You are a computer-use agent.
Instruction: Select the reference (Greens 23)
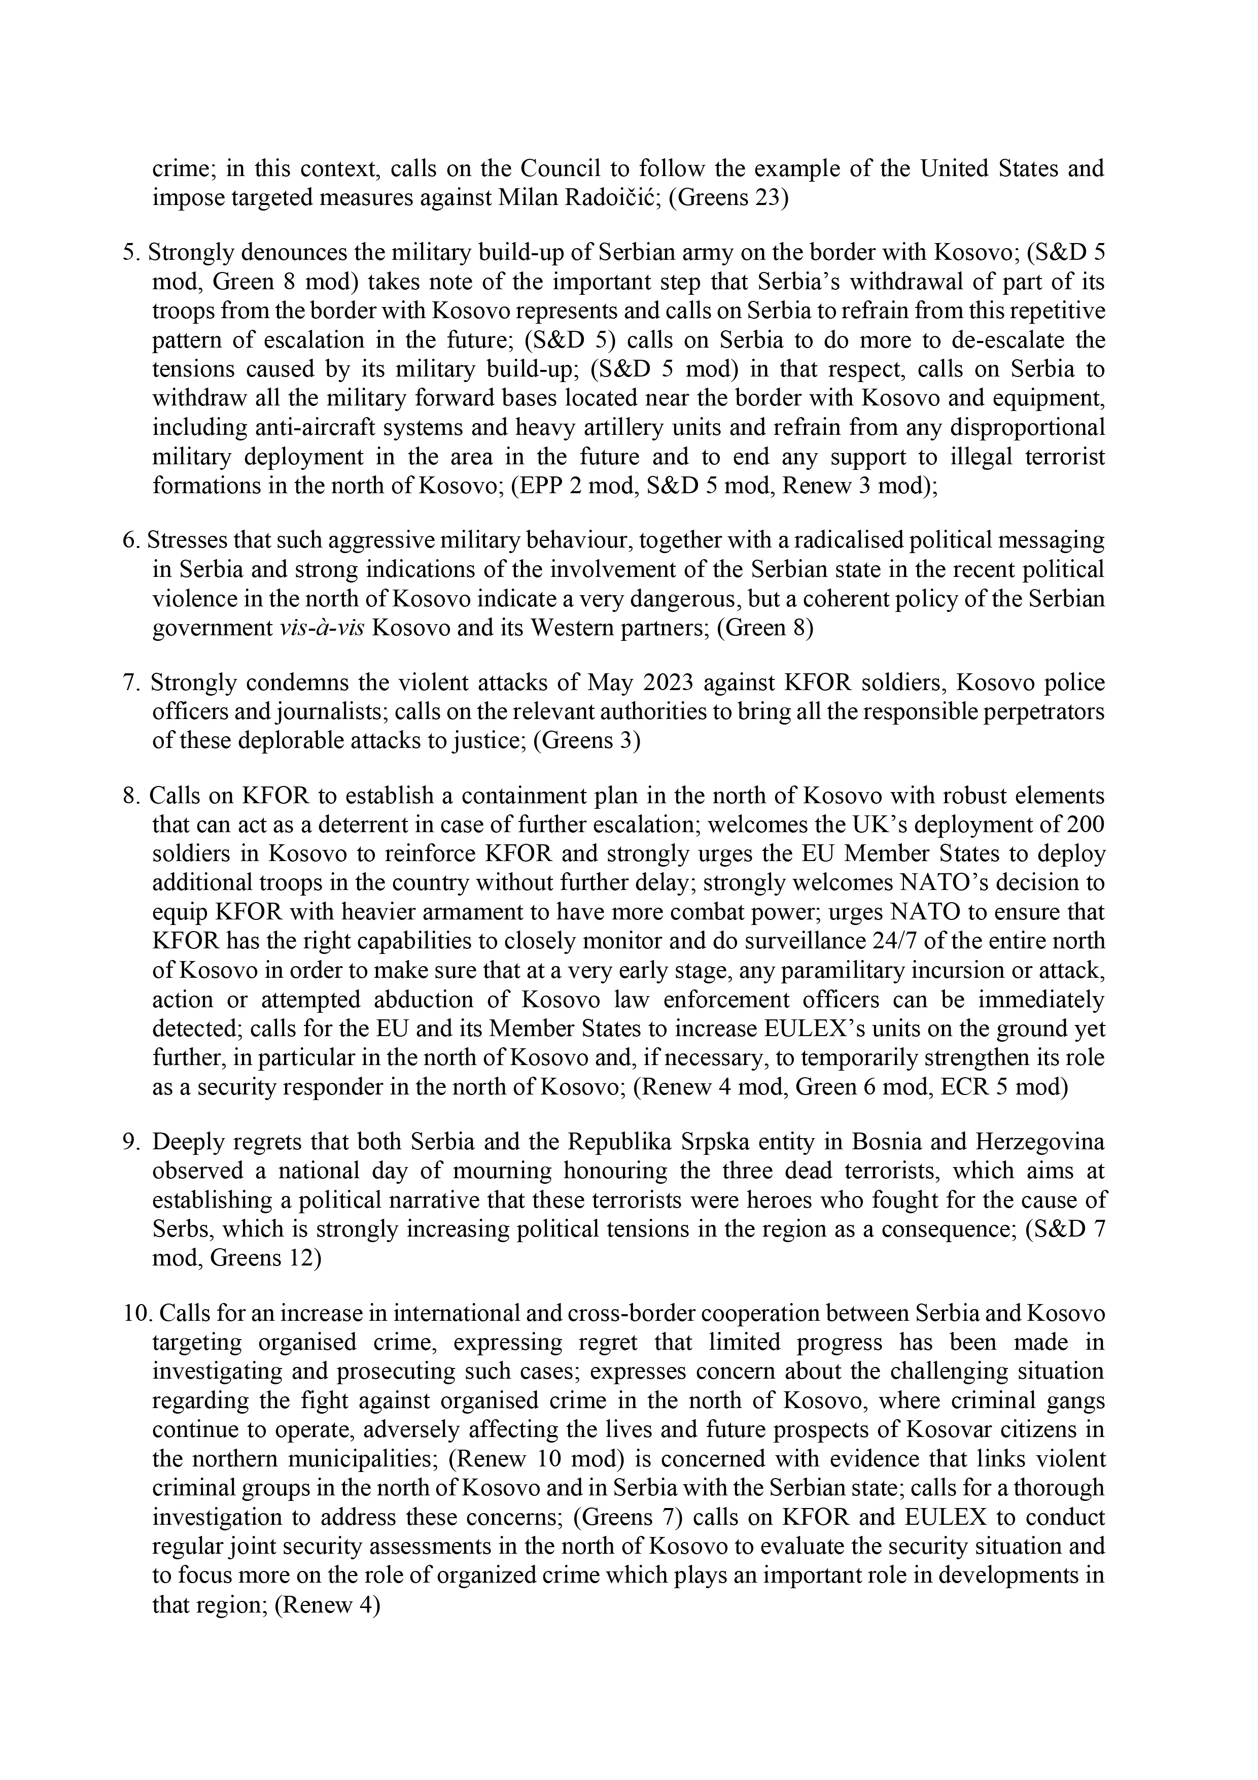(x=728, y=198)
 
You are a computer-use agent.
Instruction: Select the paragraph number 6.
(x=129, y=540)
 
